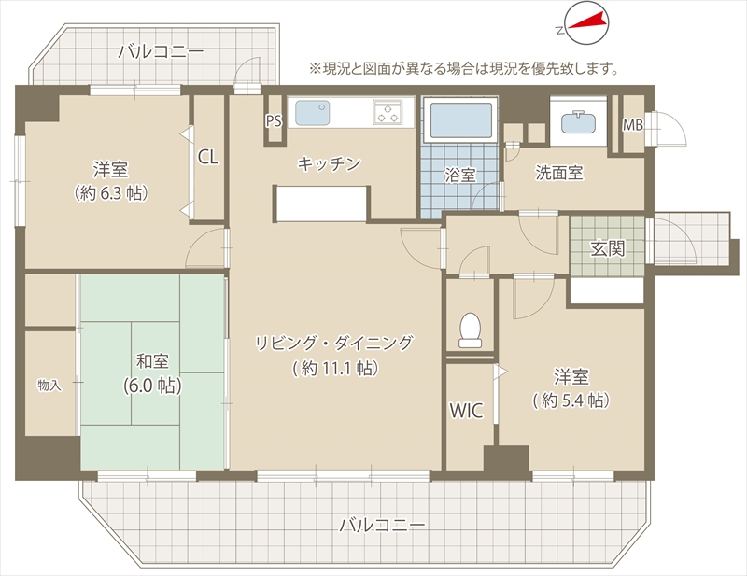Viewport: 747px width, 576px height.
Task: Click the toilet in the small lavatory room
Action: [471, 330]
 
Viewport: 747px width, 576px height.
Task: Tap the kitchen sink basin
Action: [313, 113]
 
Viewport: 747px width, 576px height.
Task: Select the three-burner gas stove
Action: [388, 112]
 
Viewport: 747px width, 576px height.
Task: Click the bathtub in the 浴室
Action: [460, 120]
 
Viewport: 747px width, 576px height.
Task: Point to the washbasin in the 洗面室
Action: [578, 122]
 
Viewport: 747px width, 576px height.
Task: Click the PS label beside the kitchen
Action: [274, 121]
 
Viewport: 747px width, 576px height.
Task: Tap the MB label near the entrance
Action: [633, 125]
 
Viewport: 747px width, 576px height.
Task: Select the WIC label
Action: [466, 410]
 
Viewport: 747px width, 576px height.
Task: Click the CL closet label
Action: [208, 156]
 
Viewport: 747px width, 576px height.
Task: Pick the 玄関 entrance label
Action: [608, 247]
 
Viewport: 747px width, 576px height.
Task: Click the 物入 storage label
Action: [49, 385]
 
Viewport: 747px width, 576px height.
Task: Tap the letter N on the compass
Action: [559, 31]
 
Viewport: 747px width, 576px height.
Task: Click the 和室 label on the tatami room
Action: [152, 360]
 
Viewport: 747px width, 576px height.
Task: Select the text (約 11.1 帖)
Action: [335, 368]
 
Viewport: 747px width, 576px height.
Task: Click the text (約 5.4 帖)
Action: [571, 400]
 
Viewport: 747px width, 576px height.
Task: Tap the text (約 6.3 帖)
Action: [110, 193]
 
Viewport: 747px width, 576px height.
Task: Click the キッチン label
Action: [330, 164]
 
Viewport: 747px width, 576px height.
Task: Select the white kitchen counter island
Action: [322, 204]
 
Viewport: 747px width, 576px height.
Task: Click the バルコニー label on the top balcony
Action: [162, 51]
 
